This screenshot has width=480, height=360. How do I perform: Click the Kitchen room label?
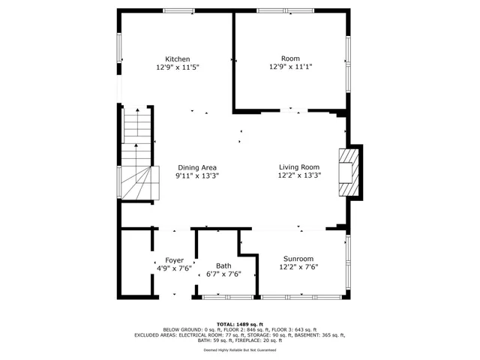click(178, 59)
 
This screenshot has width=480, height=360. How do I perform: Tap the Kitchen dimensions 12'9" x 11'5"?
click(178, 67)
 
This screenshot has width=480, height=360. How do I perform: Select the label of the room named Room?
click(290, 58)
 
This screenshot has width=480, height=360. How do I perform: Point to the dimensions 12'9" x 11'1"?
click(290, 67)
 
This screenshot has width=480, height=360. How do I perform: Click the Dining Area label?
click(197, 167)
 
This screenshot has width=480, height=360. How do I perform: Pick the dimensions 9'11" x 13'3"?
click(197, 175)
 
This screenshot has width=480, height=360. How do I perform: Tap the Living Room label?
click(299, 167)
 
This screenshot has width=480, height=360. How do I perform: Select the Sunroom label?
click(298, 258)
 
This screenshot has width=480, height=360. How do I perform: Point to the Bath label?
click(223, 265)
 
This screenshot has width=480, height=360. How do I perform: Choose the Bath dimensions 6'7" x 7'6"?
click(223, 274)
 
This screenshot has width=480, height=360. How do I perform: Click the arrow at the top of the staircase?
click(136, 112)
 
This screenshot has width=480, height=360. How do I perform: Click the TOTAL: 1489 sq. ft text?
click(239, 324)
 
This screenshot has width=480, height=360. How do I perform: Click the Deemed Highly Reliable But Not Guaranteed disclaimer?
click(239, 349)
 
